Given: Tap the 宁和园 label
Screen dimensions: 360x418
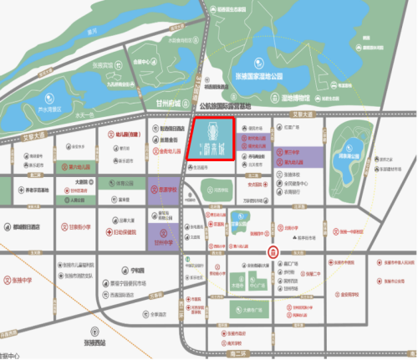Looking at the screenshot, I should [x=128, y=269].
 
